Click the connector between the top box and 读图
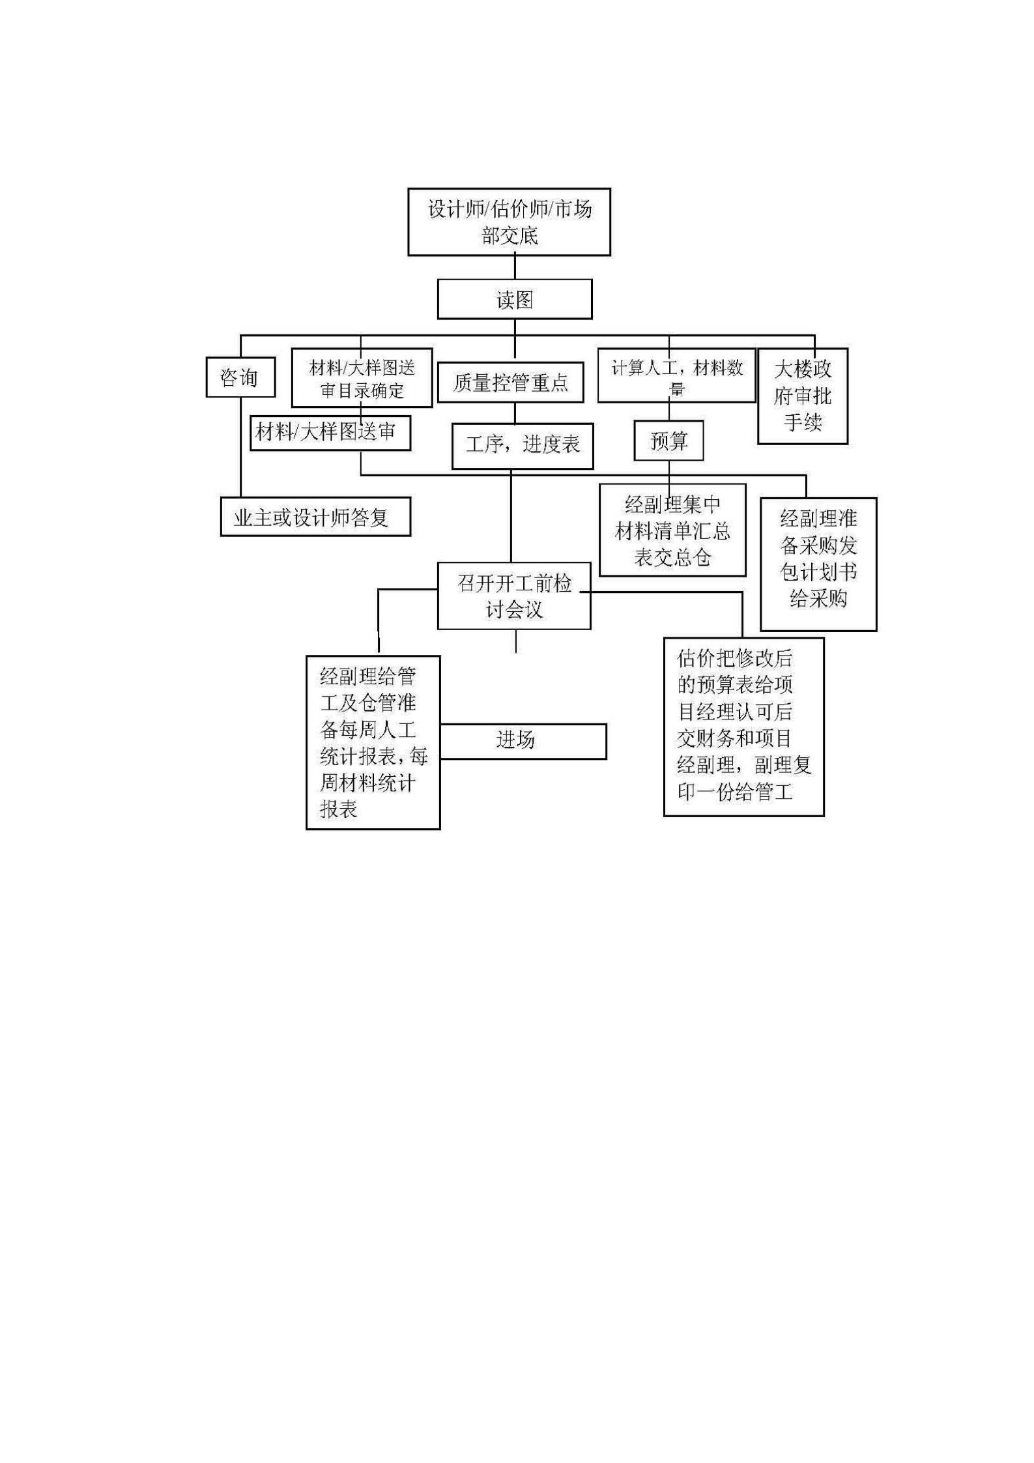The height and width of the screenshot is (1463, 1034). (x=515, y=267)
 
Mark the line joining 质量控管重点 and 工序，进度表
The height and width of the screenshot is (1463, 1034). (x=515, y=413)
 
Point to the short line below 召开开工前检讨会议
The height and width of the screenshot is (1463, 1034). (x=516, y=641)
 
